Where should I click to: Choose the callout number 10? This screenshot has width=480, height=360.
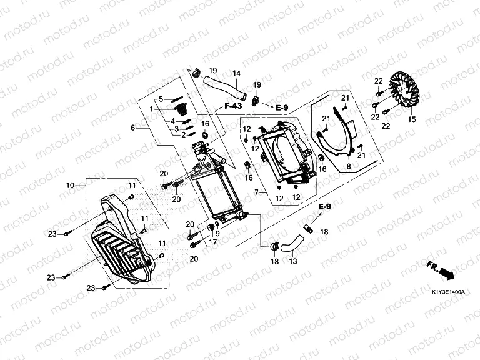(70, 185)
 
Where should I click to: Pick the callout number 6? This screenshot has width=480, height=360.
(132, 127)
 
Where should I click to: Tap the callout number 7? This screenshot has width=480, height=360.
(255, 192)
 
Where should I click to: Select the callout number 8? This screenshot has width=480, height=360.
(349, 166)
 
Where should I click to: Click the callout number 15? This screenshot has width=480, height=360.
(412, 119)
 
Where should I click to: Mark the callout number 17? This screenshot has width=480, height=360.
(212, 242)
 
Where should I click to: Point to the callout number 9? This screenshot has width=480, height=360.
(217, 234)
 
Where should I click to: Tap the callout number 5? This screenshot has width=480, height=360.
(161, 99)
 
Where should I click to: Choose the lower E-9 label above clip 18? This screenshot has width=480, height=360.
(323, 206)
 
